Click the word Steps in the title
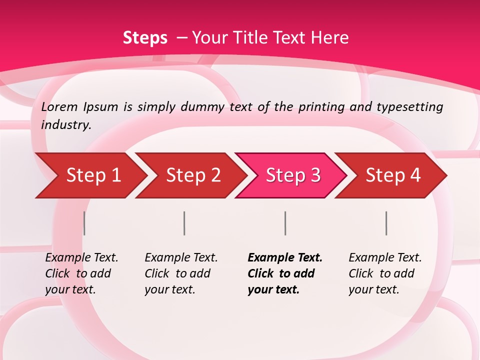point(145,37)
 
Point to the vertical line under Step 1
point(84,223)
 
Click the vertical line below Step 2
point(184,223)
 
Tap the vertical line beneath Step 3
point(285,223)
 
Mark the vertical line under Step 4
point(386,223)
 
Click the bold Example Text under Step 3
point(285,257)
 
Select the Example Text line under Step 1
point(81,257)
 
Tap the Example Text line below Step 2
point(181,257)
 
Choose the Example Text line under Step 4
point(385,257)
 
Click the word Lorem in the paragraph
point(59,106)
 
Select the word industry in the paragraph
point(65,124)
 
